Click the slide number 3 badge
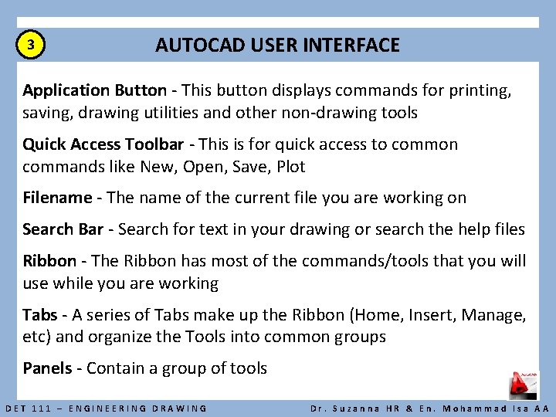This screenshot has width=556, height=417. tap(30, 46)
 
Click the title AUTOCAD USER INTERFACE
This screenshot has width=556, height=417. tap(277, 46)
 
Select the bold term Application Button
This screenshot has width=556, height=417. tap(94, 91)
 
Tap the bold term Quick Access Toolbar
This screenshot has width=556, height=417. tap(103, 144)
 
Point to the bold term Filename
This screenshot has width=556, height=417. tap(57, 198)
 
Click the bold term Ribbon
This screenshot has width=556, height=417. tap(49, 261)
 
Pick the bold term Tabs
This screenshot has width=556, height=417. tap(39, 315)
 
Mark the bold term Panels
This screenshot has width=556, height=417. tap(47, 368)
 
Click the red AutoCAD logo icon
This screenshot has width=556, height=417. tap(523, 385)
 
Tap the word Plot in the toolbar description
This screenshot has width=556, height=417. tap(291, 167)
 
